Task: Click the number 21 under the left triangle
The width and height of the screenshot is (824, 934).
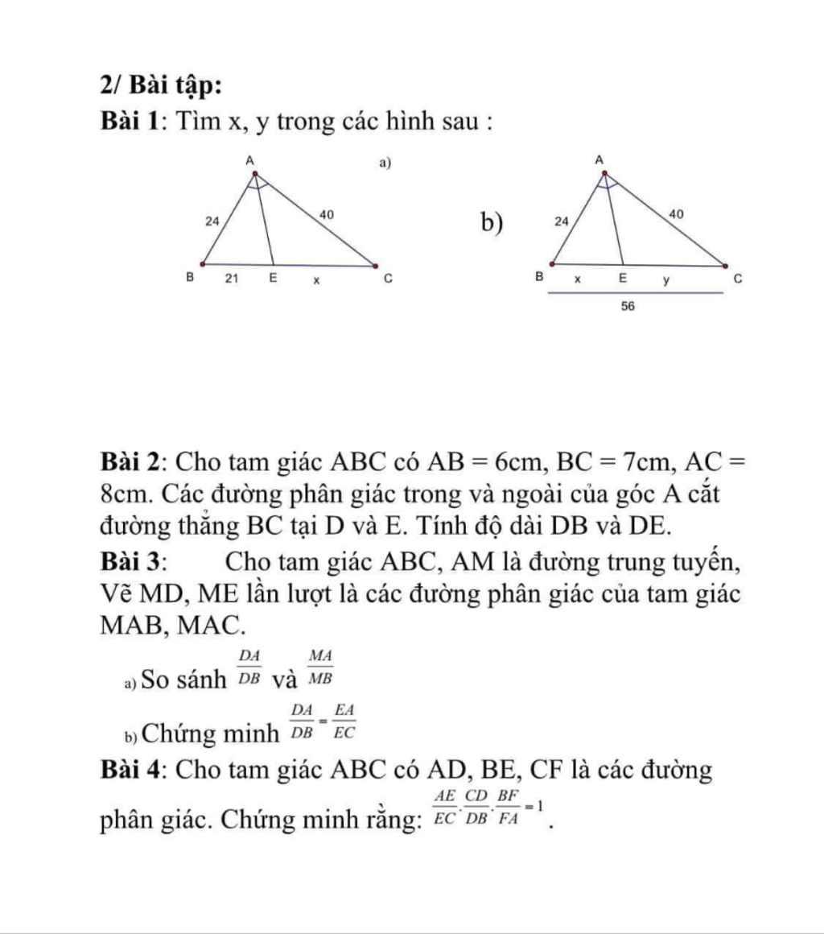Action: click(231, 279)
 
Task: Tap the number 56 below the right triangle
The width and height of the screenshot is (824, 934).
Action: click(630, 307)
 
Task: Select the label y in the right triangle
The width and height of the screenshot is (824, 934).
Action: click(665, 279)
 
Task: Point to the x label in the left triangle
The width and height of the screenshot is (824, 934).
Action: click(316, 280)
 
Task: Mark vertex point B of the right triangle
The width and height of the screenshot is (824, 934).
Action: click(551, 263)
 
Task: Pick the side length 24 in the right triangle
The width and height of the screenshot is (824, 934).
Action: click(559, 219)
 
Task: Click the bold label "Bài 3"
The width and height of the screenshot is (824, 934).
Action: click(133, 560)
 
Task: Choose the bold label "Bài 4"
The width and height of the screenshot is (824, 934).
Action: click(133, 771)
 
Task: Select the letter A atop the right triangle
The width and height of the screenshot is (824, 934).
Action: click(599, 161)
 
